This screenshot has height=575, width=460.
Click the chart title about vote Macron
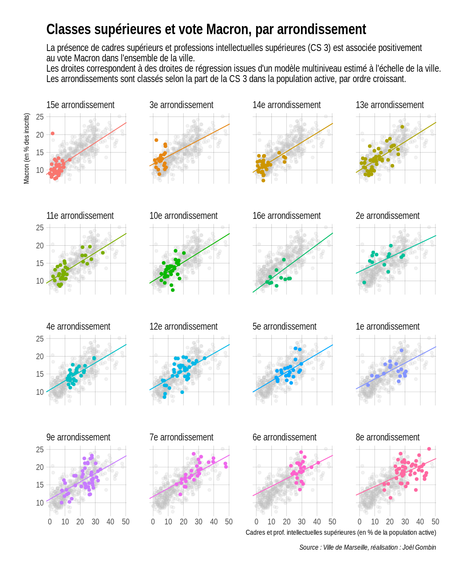(x=206, y=30)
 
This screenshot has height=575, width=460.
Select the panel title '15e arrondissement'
(x=80, y=105)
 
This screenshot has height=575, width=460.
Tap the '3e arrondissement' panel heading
(x=181, y=105)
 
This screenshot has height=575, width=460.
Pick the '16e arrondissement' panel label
(x=286, y=216)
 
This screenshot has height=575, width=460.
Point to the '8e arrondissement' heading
(x=388, y=437)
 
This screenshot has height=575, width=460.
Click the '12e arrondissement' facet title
(x=183, y=327)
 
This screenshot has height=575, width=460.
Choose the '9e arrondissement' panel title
(x=78, y=437)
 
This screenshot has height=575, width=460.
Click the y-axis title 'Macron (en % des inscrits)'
(x=26, y=148)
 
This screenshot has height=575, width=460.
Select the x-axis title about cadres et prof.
(x=341, y=532)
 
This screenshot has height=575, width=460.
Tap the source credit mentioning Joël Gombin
(x=368, y=547)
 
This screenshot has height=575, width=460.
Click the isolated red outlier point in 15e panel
(x=53, y=133)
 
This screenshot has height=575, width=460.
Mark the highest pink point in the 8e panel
(x=429, y=449)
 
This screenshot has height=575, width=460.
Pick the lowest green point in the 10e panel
(x=172, y=290)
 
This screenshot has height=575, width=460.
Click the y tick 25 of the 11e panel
(x=40, y=228)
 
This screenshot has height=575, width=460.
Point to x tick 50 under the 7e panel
(x=229, y=522)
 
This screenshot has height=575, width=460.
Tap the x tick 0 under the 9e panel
(x=50, y=522)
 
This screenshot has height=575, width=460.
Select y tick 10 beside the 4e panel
(x=40, y=392)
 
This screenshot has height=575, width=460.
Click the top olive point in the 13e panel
(x=402, y=127)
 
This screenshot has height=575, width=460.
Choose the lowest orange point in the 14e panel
(x=263, y=181)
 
